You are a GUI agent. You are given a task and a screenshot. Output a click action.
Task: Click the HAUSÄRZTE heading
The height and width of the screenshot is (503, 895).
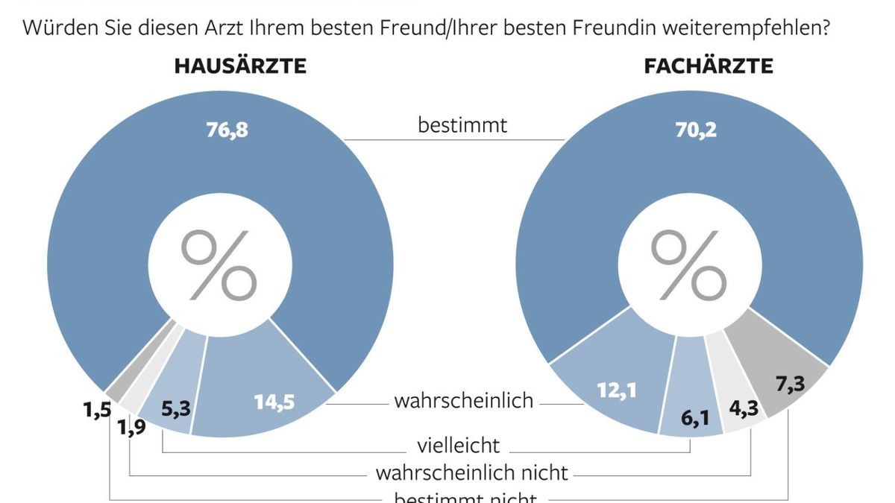240,66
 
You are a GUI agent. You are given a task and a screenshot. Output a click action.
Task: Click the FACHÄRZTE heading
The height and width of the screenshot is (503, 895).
708,66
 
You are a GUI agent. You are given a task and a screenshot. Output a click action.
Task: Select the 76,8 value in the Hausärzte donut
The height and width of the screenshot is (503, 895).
227,130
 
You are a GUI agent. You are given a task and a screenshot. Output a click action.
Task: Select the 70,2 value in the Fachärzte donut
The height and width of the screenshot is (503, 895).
697,130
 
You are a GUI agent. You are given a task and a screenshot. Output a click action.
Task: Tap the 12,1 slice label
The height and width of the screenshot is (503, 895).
615,390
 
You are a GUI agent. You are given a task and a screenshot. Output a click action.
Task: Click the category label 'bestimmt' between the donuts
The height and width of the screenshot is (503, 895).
462,124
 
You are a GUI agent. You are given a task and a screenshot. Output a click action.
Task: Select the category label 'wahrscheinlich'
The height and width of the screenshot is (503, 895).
464,401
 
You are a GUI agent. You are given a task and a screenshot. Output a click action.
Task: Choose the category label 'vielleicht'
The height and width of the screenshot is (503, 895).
458,446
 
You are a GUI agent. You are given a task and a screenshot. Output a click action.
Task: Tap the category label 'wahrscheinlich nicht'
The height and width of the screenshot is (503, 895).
471,472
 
